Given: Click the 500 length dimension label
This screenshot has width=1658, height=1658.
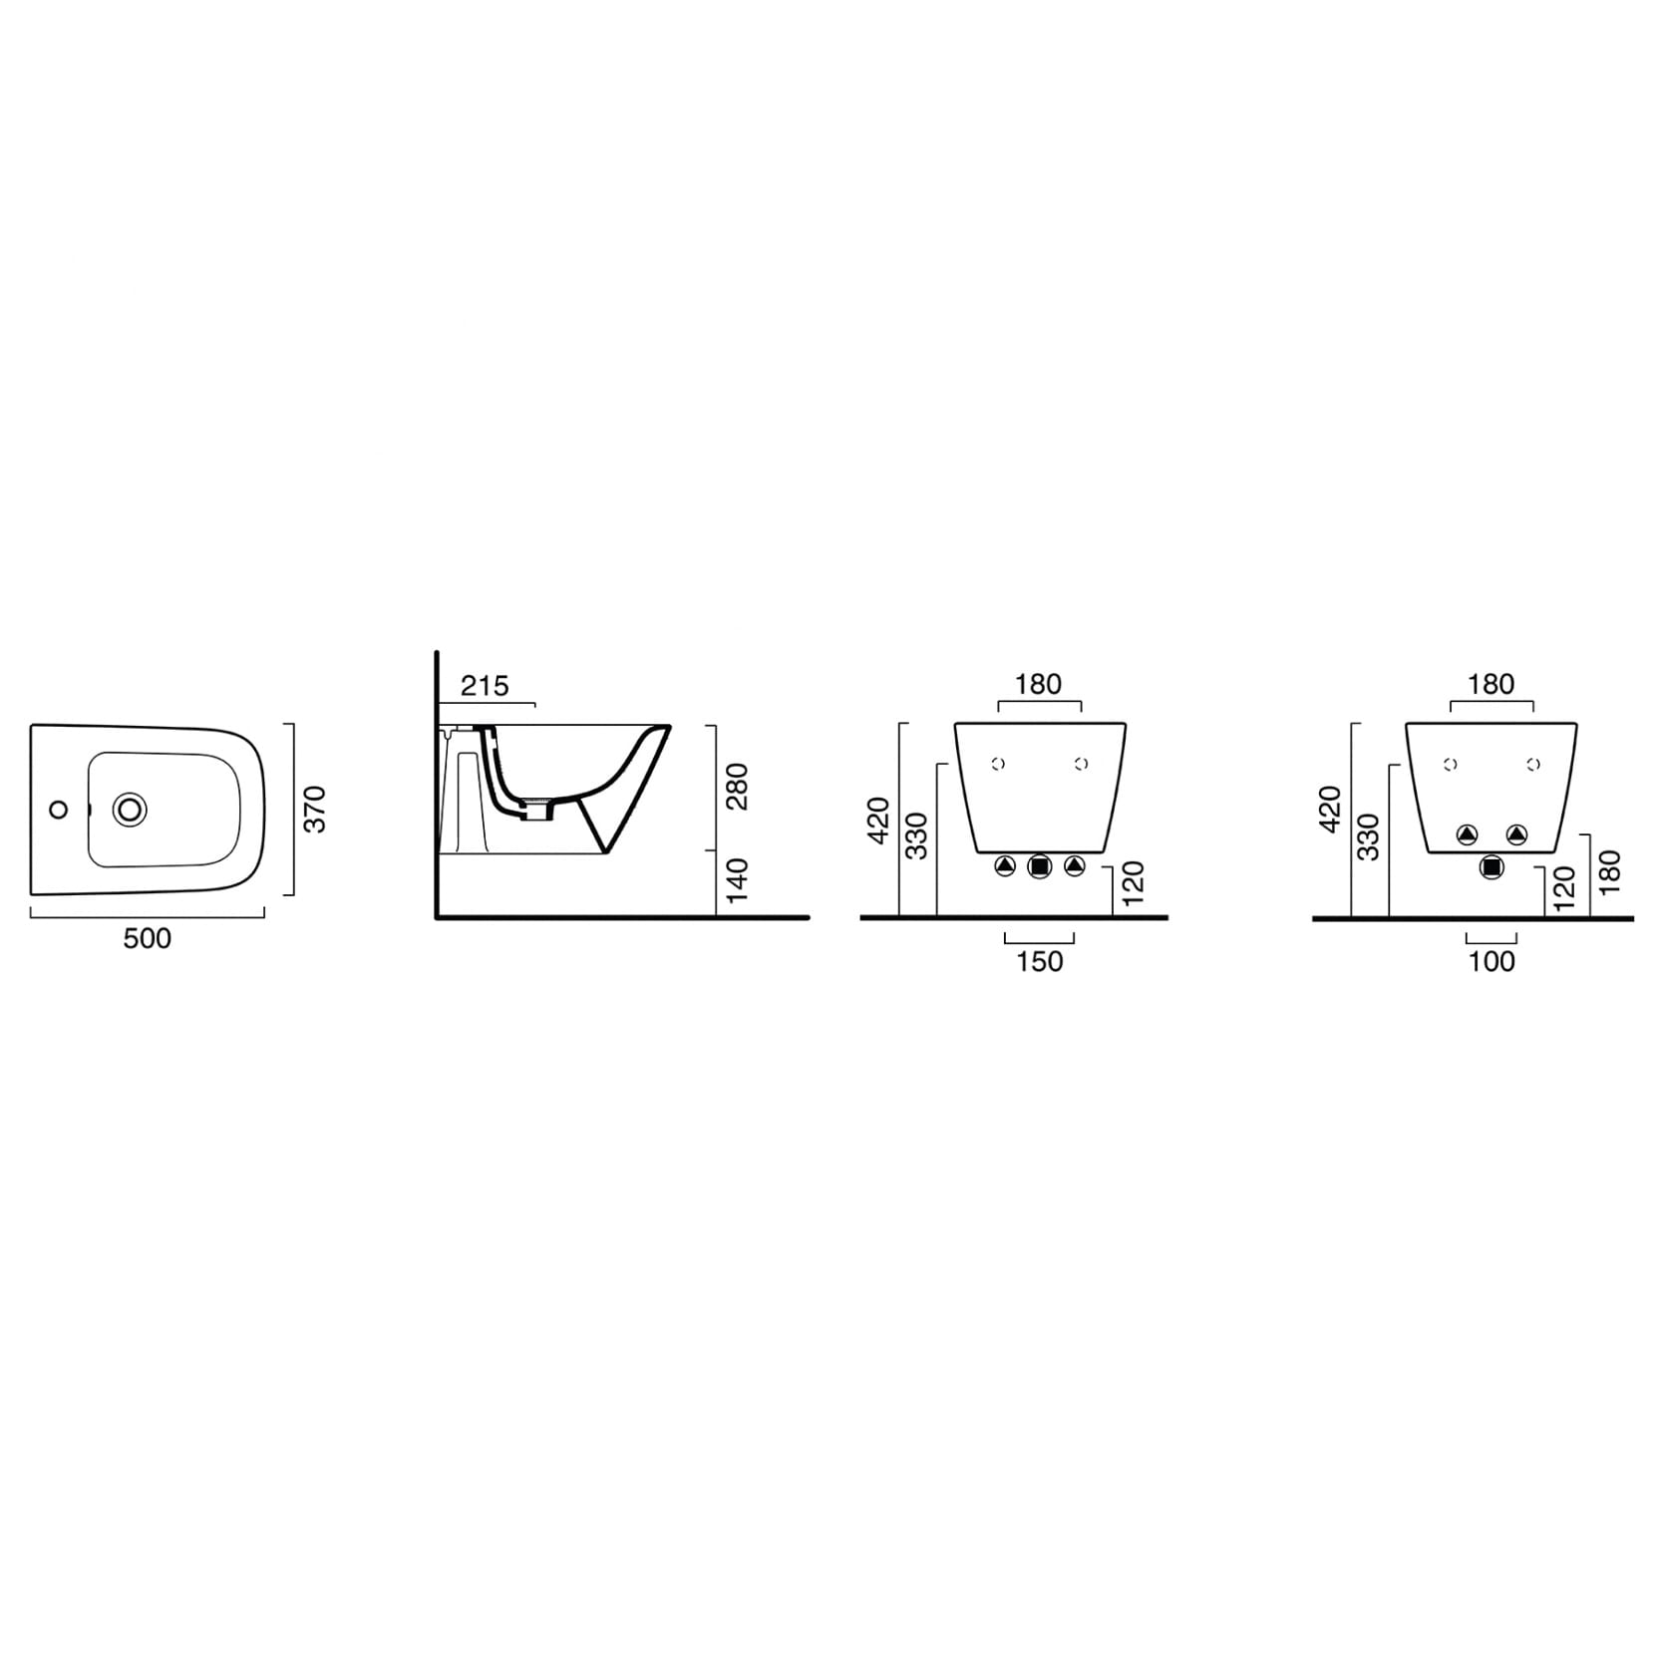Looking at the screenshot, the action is (147, 938).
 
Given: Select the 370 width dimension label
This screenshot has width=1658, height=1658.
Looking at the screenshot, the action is (315, 810).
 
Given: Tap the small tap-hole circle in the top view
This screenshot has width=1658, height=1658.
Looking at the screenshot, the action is (59, 810).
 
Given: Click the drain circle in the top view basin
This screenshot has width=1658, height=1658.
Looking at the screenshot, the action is (130, 809).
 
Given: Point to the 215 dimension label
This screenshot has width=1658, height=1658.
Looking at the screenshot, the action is (485, 686).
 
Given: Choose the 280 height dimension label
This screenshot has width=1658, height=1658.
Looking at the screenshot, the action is (738, 787).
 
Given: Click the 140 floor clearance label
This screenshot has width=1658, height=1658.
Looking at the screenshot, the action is (737, 881).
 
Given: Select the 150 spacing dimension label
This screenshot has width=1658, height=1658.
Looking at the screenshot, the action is (1039, 961).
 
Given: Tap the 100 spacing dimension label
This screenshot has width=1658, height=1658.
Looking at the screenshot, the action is (1492, 961).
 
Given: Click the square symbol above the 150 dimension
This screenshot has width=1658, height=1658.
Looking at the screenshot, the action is (1039, 866).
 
